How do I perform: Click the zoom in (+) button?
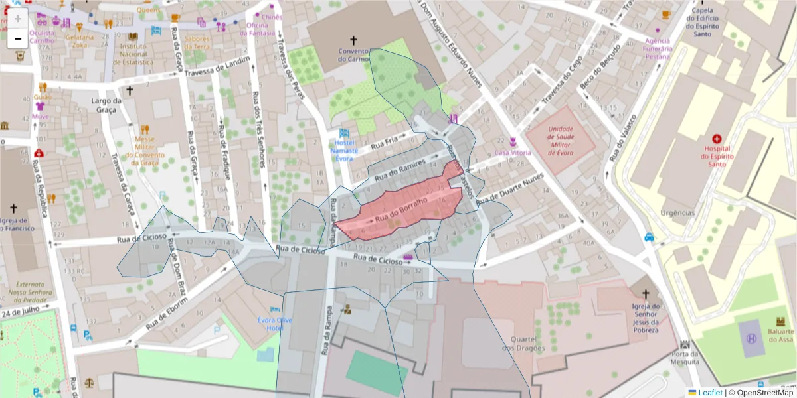[x=18, y=19]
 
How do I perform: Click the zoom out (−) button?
[x=18, y=39]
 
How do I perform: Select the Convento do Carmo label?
[x=353, y=55]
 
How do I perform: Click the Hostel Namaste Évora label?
[x=344, y=150]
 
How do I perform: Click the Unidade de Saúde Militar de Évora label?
[x=561, y=140]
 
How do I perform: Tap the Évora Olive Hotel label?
[x=275, y=324]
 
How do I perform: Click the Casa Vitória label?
[x=513, y=153]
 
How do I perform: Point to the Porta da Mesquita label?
[x=684, y=358]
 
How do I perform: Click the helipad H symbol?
[x=751, y=338]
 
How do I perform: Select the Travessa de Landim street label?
[x=218, y=68]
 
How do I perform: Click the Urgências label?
[x=677, y=213]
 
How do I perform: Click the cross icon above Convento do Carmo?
[x=353, y=40]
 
